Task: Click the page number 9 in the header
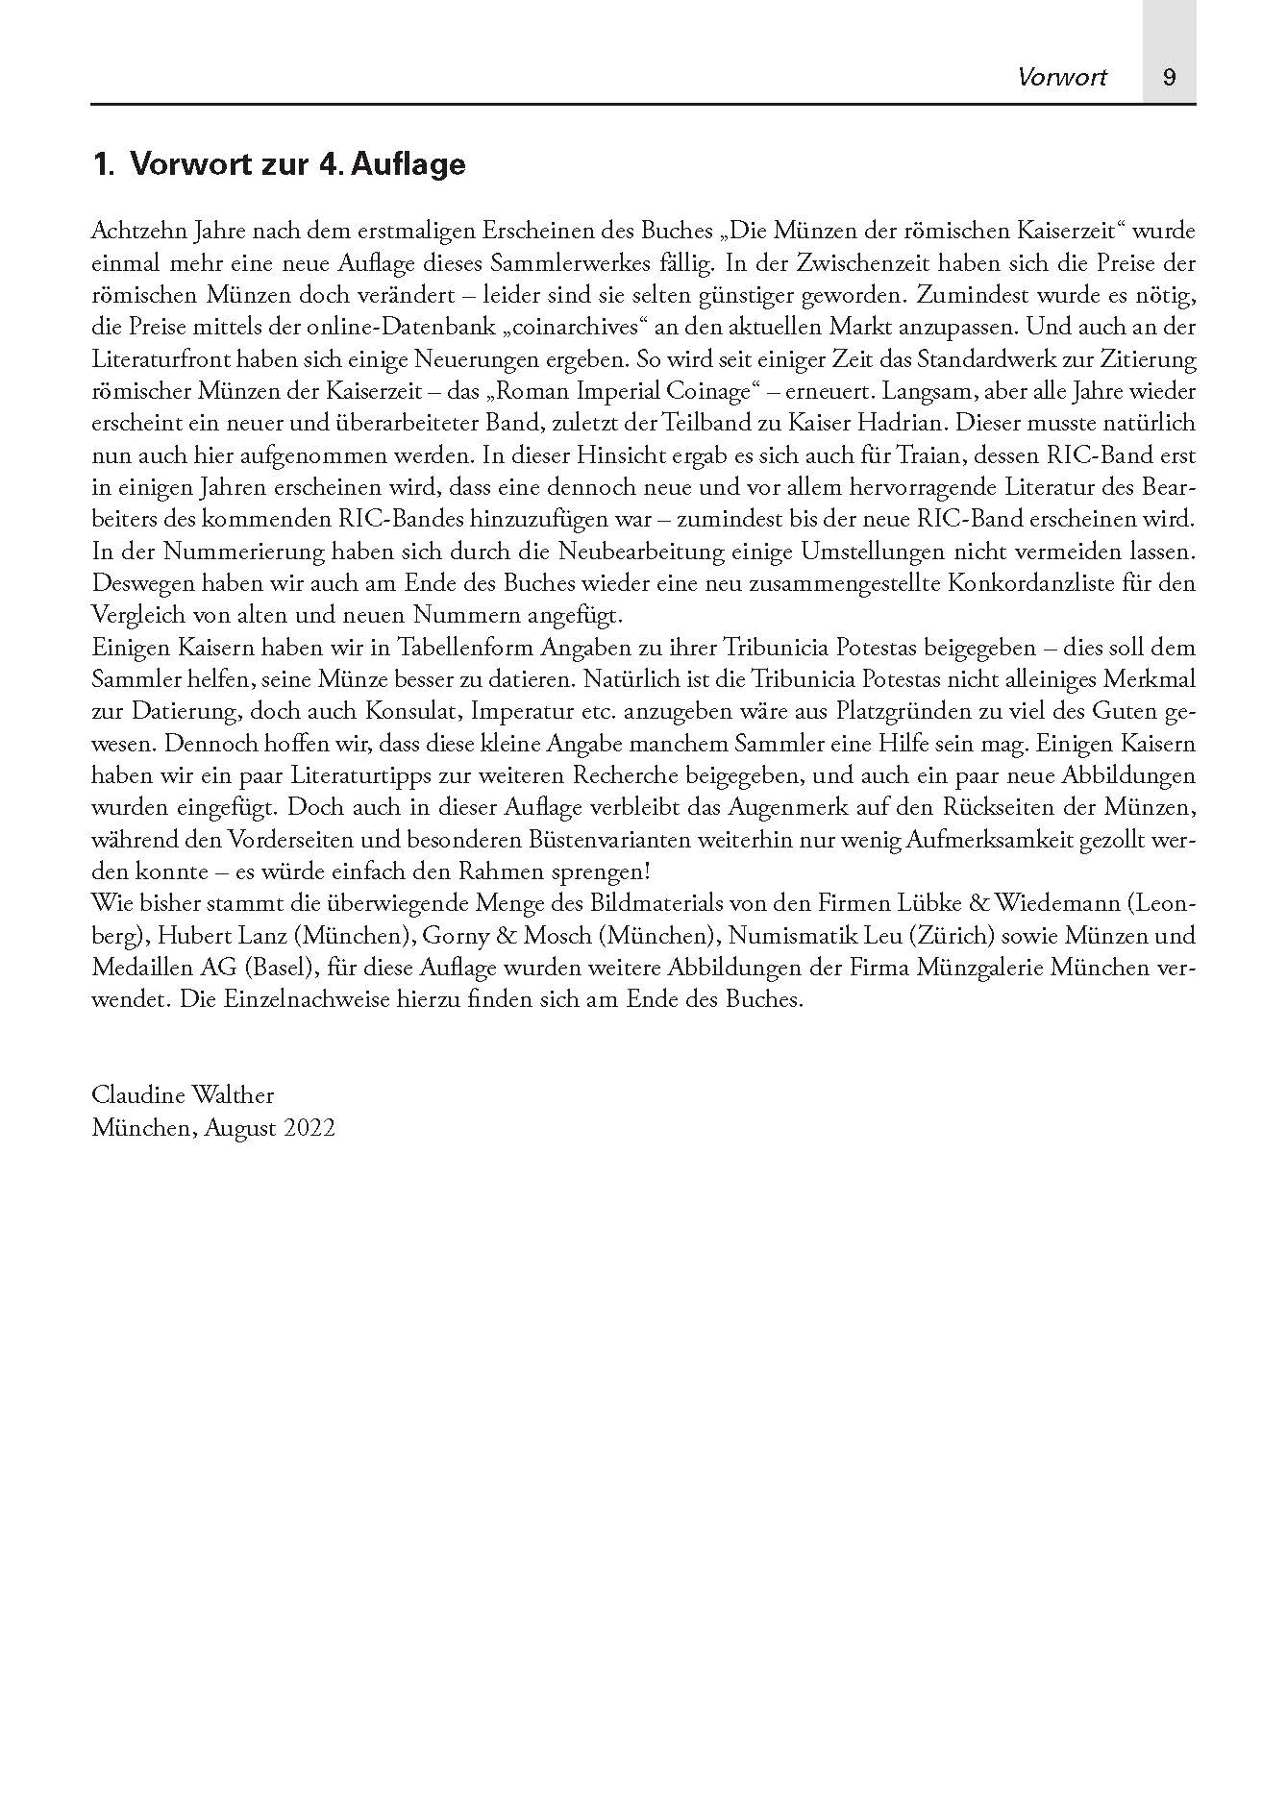point(1169,77)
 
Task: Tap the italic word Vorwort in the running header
point(1062,77)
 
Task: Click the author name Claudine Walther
point(183,1095)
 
